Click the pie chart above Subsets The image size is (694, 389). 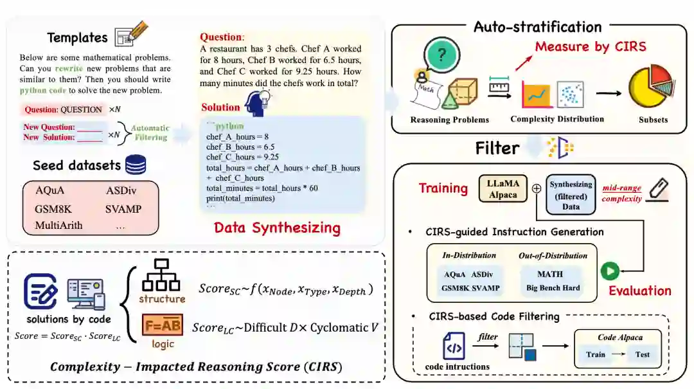pyautogui.click(x=652, y=89)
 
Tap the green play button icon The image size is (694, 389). pyautogui.click(x=609, y=271)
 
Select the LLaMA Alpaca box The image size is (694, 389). pyautogui.click(x=502, y=190)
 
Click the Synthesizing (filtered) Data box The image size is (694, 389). pyautogui.click(x=571, y=195)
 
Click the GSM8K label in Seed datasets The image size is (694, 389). pyautogui.click(x=53, y=208)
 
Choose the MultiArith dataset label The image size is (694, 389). pyautogui.click(x=59, y=225)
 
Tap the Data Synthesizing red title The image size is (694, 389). pyautogui.click(x=277, y=228)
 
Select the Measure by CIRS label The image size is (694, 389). pyautogui.click(x=590, y=46)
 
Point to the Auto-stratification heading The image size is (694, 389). pyautogui.click(x=537, y=27)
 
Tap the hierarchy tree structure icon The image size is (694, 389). pyautogui.click(x=161, y=275)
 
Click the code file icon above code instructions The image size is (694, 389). pyautogui.click(x=454, y=346)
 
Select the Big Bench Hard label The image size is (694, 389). pyautogui.click(x=553, y=287)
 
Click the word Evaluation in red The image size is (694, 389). pyautogui.click(x=639, y=291)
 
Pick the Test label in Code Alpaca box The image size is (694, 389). pyautogui.click(x=642, y=354)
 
